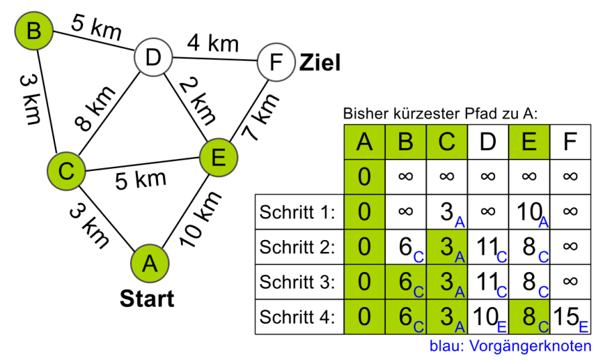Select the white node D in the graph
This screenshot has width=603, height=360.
point(153,58)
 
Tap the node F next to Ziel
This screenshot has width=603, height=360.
point(275,63)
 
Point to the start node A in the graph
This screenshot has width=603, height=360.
point(149,263)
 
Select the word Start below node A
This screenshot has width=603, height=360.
point(147,298)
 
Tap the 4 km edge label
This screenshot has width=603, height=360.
point(213,44)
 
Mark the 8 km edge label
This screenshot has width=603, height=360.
point(94,110)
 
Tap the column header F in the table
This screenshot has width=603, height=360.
point(570,142)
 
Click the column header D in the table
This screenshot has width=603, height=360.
point(488,142)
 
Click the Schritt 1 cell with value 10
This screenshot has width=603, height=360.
point(529,213)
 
